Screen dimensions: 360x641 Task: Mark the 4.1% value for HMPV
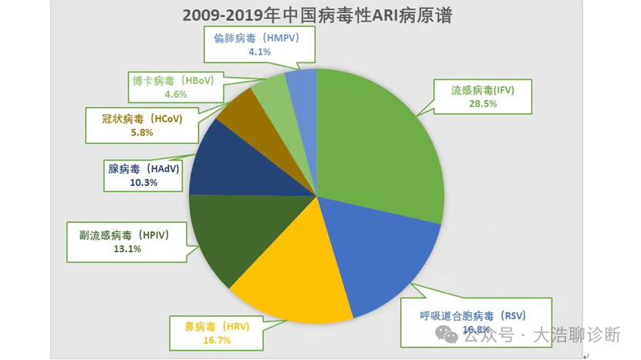click(x=259, y=52)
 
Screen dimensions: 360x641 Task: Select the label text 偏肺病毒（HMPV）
click(x=259, y=38)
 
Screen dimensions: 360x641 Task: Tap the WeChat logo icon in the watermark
click(x=446, y=334)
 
